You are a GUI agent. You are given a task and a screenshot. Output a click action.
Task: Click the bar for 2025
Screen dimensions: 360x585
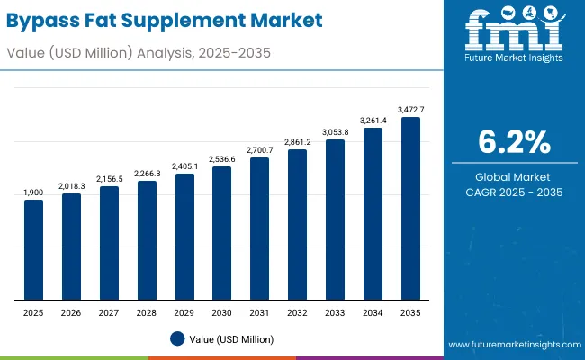pyautogui.click(x=33, y=249)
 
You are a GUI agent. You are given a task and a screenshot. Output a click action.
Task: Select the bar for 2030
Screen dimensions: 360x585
pyautogui.click(x=221, y=233)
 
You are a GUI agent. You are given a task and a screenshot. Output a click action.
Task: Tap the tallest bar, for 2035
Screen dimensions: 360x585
pyautogui.click(x=410, y=209)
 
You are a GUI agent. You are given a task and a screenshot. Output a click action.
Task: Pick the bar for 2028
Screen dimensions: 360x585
pyautogui.click(x=147, y=240)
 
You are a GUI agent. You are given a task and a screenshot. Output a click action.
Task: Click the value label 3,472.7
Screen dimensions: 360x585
pyautogui.click(x=410, y=109)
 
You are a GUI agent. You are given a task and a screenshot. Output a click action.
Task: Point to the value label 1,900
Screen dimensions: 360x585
pyautogui.click(x=33, y=192)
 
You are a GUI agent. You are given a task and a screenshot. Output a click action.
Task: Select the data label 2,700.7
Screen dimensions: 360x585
pyautogui.click(x=259, y=149)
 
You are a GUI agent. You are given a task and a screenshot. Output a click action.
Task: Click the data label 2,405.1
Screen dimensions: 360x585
pyautogui.click(x=184, y=166)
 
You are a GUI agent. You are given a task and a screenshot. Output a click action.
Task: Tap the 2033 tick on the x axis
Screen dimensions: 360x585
pyautogui.click(x=335, y=311)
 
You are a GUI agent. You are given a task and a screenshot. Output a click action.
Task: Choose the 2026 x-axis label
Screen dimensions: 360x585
pyautogui.click(x=71, y=311)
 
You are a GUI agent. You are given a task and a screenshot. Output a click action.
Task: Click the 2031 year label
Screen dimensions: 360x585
pyautogui.click(x=259, y=311)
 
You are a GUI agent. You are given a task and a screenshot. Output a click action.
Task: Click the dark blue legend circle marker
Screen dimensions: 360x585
pyautogui.click(x=177, y=338)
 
